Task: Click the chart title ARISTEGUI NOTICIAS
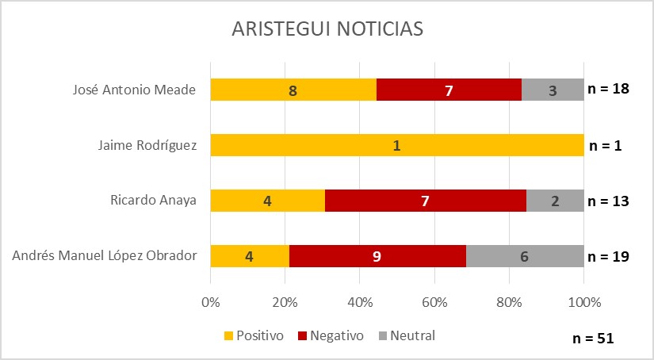[x=327, y=29]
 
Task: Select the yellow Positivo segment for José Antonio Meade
[x=293, y=90]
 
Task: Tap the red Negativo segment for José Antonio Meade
[x=449, y=90]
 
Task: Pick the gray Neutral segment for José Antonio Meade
[x=553, y=90]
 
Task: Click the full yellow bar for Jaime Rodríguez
[x=396, y=146]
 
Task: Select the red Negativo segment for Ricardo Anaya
[x=426, y=201]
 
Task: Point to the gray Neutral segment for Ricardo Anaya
[x=555, y=201]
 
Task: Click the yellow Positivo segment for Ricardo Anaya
[x=267, y=201]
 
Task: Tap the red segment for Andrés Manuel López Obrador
[x=377, y=256]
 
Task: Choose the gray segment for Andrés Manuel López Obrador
[x=525, y=256]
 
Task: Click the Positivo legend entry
[x=254, y=335]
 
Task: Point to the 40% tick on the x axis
[x=360, y=302]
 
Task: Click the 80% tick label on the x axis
[x=509, y=302]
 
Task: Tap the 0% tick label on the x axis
[x=210, y=302]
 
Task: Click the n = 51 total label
[x=593, y=338]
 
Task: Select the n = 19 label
[x=608, y=256]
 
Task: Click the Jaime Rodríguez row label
[x=147, y=146]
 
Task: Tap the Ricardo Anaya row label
[x=154, y=201]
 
